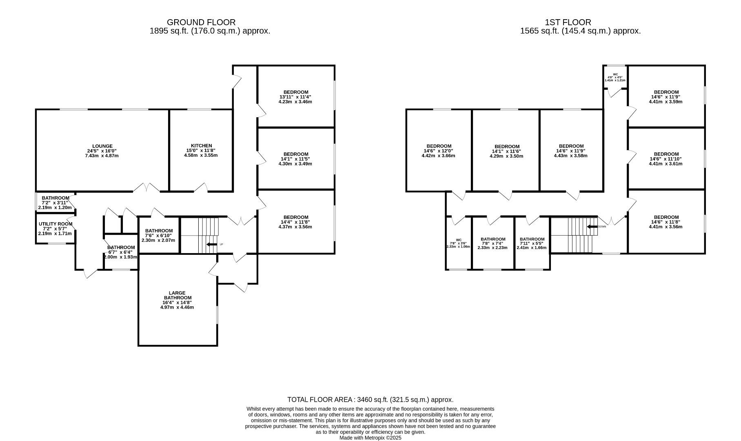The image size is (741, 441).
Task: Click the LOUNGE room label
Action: pyautogui.click(x=102, y=146)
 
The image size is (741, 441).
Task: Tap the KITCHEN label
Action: pyautogui.click(x=202, y=146)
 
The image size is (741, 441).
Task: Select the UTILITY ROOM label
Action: pyautogui.click(x=55, y=224)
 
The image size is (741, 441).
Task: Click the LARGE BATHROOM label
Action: pyautogui.click(x=177, y=295)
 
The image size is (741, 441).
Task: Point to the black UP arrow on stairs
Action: pyautogui.click(x=212, y=245)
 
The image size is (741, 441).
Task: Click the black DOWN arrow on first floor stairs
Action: pyautogui.click(x=592, y=227)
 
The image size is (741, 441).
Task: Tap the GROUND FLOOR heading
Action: pyautogui.click(x=201, y=22)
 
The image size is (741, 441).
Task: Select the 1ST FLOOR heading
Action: pyautogui.click(x=568, y=22)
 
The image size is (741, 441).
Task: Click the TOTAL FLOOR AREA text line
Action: pyautogui.click(x=370, y=400)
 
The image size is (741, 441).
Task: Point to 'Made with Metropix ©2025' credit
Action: pyautogui.click(x=370, y=438)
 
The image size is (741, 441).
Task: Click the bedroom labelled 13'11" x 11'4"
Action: pyautogui.click(x=296, y=97)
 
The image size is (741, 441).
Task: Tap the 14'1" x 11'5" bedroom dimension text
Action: pyautogui.click(x=296, y=159)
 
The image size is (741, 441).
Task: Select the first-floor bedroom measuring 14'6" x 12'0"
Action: pyautogui.click(x=439, y=151)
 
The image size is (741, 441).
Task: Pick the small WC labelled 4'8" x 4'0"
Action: pyautogui.click(x=615, y=77)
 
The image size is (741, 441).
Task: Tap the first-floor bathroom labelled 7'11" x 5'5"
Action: pyautogui.click(x=532, y=243)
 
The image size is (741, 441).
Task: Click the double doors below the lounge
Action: pyautogui.click(x=146, y=187)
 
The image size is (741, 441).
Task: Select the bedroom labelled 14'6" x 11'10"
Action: pyautogui.click(x=666, y=159)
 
